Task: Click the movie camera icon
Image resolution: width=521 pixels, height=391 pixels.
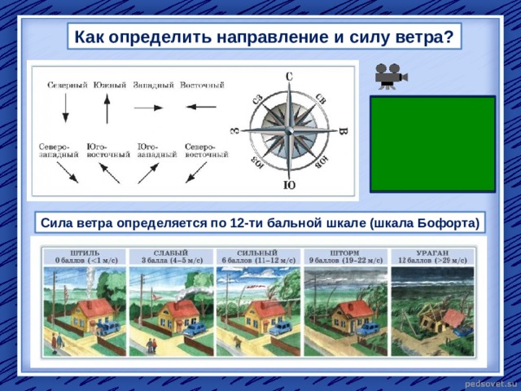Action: [388, 76]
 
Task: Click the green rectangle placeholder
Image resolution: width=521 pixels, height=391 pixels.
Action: [432, 143]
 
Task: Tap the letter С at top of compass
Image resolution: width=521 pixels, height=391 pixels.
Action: [288, 76]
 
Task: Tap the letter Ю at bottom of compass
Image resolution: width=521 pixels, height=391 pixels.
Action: [288, 187]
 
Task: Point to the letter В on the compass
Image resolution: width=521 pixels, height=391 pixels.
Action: [343, 131]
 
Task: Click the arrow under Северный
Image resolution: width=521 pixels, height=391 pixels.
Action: [66, 108]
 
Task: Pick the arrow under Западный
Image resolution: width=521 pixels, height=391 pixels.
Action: [149, 108]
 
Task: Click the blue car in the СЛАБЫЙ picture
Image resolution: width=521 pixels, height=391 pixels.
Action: [195, 329]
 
